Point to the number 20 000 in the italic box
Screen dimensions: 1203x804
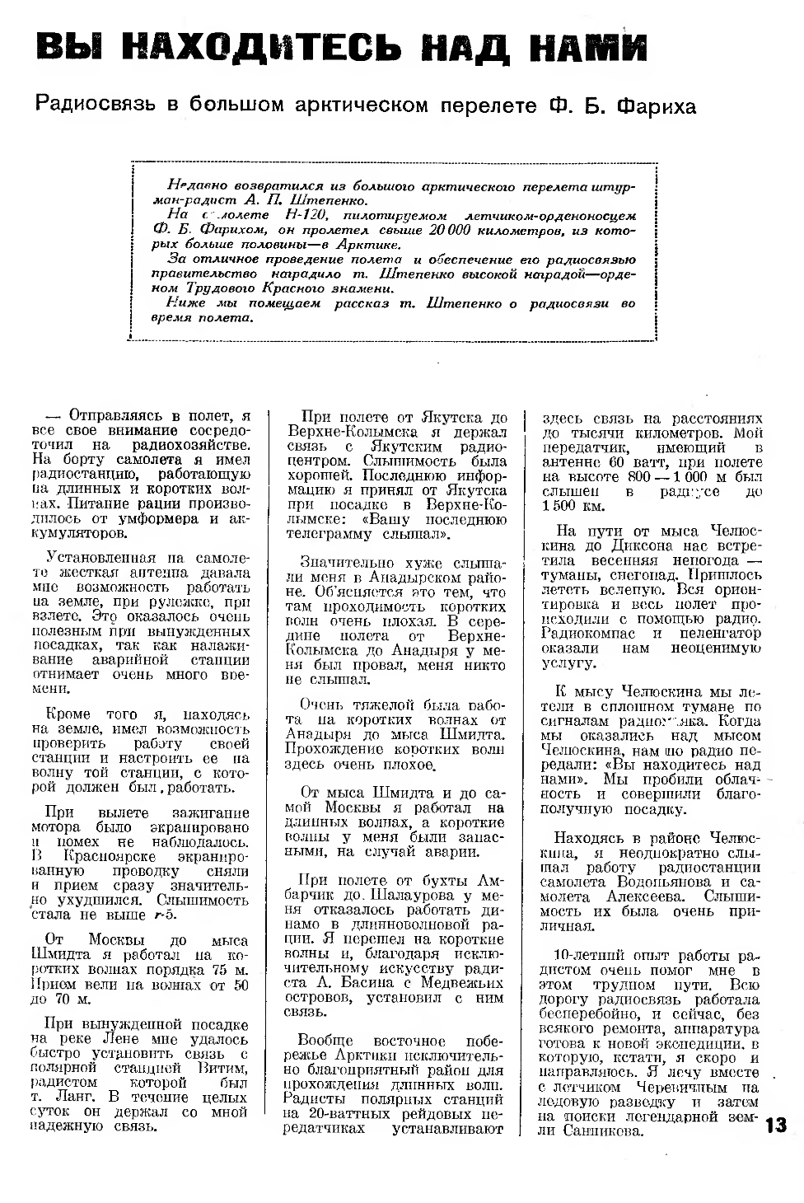[451, 229]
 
